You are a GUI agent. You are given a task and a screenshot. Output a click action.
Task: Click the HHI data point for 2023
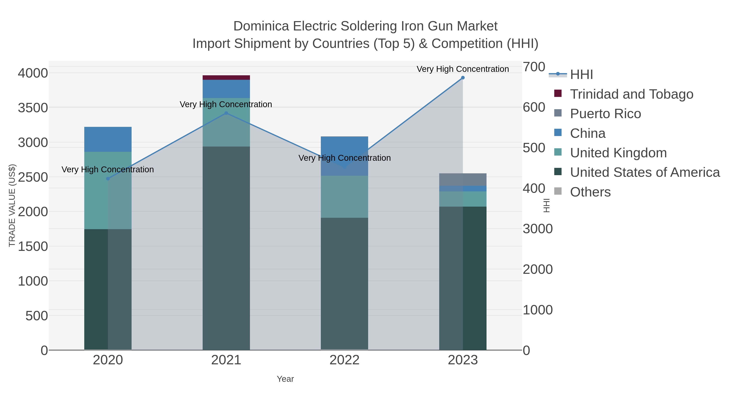(x=463, y=78)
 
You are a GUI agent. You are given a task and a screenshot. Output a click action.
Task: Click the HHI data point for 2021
(x=226, y=113)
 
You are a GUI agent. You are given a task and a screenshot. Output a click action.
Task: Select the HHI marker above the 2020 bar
(x=108, y=179)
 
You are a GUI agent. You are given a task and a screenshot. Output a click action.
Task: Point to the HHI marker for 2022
(x=345, y=167)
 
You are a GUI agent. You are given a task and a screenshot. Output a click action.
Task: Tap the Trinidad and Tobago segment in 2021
(x=226, y=78)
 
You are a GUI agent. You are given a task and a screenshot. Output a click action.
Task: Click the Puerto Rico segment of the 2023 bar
(x=463, y=180)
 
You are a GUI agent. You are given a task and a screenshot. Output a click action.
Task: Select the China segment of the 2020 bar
(x=108, y=139)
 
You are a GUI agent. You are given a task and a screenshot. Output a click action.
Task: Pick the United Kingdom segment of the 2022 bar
(x=345, y=197)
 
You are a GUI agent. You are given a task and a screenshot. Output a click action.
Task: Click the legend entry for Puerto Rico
(x=605, y=114)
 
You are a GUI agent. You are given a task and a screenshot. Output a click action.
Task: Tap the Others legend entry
(x=590, y=192)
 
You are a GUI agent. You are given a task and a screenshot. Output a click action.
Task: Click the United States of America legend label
(x=645, y=173)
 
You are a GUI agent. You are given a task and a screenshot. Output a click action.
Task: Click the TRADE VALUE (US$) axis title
(x=12, y=205)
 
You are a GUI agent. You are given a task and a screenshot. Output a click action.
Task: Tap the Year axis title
(x=285, y=379)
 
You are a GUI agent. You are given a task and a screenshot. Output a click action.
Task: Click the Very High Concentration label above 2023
(x=463, y=69)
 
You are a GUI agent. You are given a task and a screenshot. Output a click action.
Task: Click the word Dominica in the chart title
(x=261, y=26)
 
